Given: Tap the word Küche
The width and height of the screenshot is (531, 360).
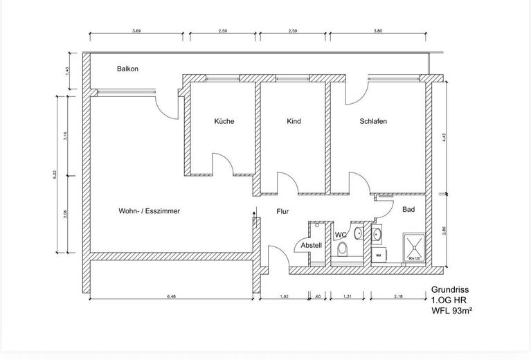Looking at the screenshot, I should [x=224, y=121].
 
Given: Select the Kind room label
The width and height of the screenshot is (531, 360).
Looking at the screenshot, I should [x=294, y=121].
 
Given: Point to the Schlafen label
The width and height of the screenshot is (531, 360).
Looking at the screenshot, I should [x=373, y=121].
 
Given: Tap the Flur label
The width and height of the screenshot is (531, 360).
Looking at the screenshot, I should [x=282, y=213].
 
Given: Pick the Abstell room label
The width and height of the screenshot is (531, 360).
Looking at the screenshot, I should [x=311, y=245].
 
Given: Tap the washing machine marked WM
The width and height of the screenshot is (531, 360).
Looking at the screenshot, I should [x=378, y=255].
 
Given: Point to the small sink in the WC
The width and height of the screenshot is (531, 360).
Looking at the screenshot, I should [x=358, y=234].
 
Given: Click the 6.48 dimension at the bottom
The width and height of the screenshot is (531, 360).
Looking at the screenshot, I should [x=170, y=296].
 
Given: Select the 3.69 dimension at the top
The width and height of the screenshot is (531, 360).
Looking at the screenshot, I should [x=136, y=30].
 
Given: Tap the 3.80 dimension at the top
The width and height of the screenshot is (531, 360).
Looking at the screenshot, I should [x=377, y=30].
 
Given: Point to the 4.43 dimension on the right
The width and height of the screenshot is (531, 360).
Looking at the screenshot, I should [x=443, y=138].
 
